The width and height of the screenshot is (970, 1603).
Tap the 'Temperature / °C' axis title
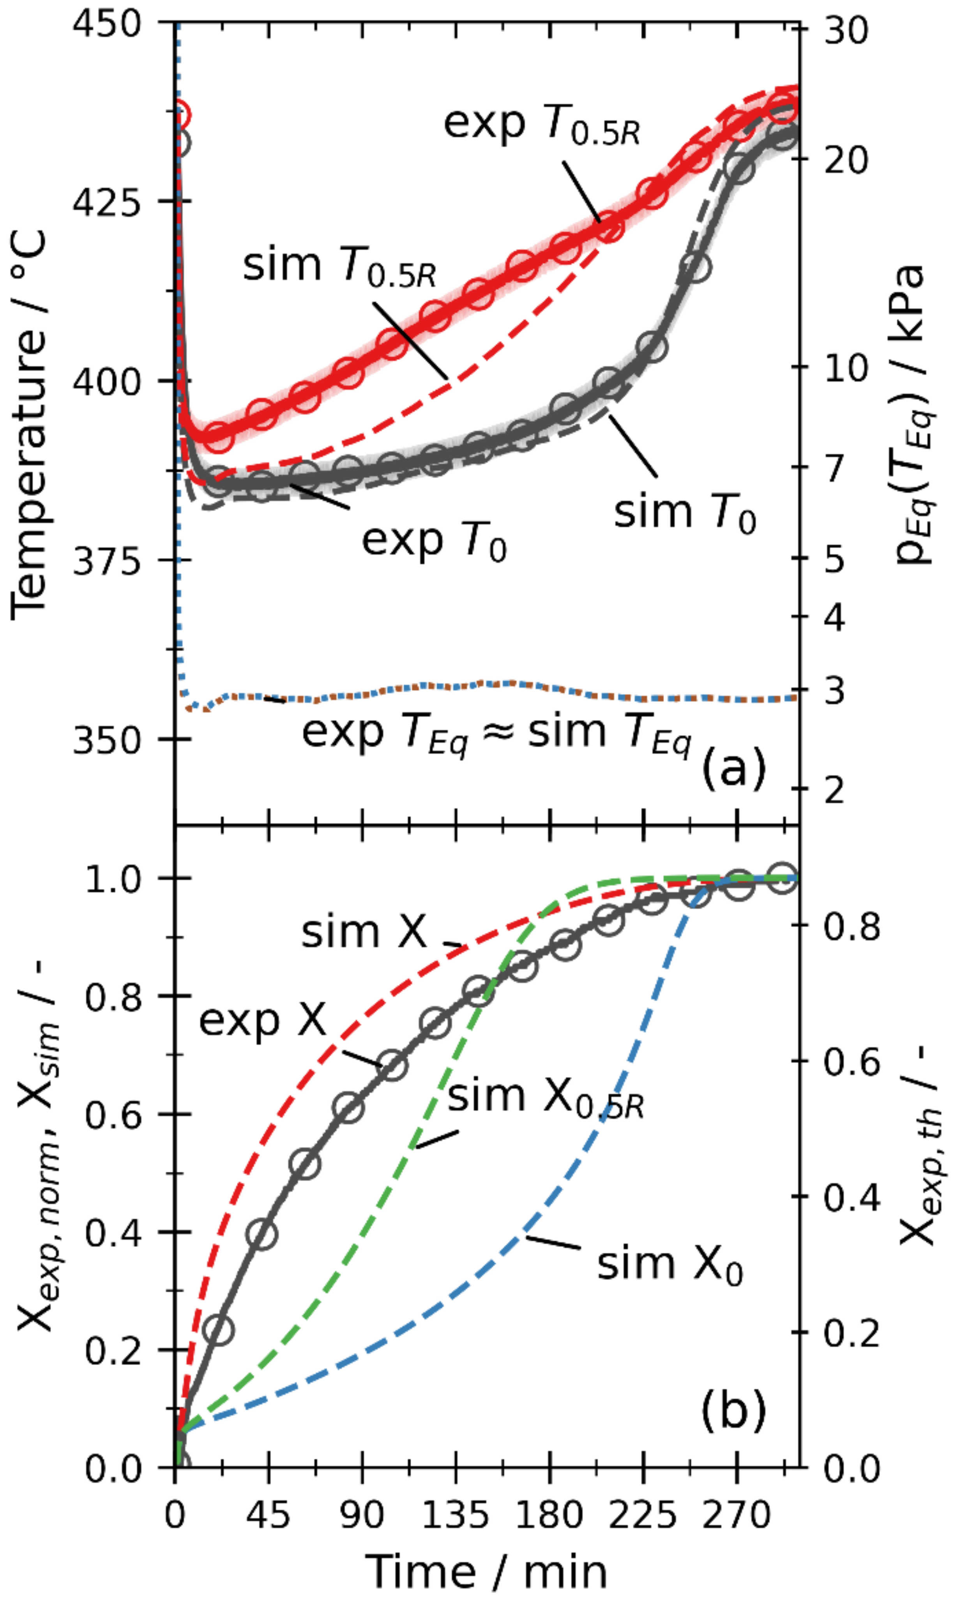(x=29, y=423)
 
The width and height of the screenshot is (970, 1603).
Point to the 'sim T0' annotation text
(x=684, y=513)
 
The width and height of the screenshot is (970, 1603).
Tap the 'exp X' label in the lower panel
(x=262, y=1020)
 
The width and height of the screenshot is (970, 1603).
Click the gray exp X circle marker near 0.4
(x=262, y=1234)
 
